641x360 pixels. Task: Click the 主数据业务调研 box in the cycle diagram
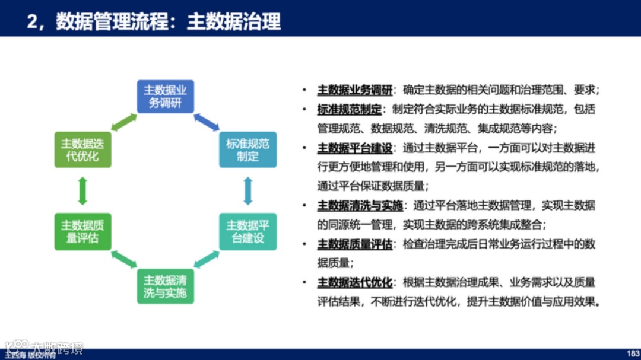coord(166,97)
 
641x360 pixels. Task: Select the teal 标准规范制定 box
coord(247,150)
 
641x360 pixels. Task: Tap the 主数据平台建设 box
coord(247,231)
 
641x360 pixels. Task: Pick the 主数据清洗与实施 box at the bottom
coord(166,286)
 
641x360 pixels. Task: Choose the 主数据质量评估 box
coord(82,231)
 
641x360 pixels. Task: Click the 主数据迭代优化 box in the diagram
coord(82,150)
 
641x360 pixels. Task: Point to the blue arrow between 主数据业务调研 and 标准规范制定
coord(207,122)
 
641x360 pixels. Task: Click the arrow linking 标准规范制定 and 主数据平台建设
coord(248,190)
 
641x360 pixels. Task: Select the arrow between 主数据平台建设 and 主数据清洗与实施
coord(207,259)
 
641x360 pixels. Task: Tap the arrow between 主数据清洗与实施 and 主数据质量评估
coord(123,259)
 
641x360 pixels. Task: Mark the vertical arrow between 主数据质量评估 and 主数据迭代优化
coord(82,190)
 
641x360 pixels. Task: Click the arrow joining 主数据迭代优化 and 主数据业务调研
coord(123,122)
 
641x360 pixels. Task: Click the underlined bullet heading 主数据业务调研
coord(354,91)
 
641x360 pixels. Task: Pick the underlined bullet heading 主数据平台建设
coord(354,148)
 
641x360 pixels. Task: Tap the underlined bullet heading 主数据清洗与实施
coord(360,206)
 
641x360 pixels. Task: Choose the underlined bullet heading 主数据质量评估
coord(354,244)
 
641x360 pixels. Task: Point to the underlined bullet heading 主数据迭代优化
coord(354,282)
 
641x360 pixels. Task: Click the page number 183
coord(633,353)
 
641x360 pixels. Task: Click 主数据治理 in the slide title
coord(233,22)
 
